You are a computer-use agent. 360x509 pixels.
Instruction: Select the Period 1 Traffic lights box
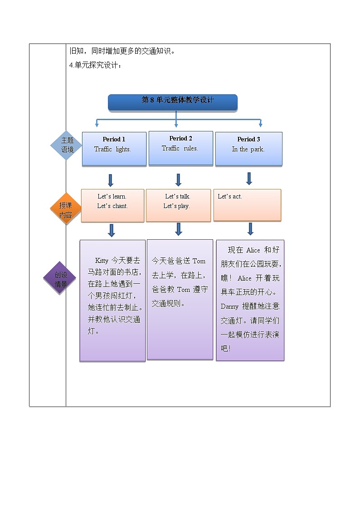(x=114, y=149)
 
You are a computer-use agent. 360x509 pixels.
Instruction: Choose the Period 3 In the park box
(x=248, y=149)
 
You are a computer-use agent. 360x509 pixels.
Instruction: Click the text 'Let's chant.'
(x=112, y=206)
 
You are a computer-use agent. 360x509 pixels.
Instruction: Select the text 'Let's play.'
(x=176, y=206)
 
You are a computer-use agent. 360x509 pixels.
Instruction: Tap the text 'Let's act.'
(x=230, y=196)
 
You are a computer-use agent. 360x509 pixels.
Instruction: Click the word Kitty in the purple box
(x=102, y=261)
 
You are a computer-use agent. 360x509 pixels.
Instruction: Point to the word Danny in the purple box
(x=229, y=306)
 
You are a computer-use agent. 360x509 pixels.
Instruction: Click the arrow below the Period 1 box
(x=110, y=180)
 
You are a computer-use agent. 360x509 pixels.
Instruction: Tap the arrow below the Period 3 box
(x=249, y=178)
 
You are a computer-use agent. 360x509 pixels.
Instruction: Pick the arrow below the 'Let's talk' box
(x=179, y=229)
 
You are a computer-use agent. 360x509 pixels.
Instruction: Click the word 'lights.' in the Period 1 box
(x=123, y=149)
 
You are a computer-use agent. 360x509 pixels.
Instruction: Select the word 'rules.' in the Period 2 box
(x=191, y=148)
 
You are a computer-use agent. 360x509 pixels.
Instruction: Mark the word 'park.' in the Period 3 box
(x=257, y=149)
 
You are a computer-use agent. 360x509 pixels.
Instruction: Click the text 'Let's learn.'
(x=112, y=196)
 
